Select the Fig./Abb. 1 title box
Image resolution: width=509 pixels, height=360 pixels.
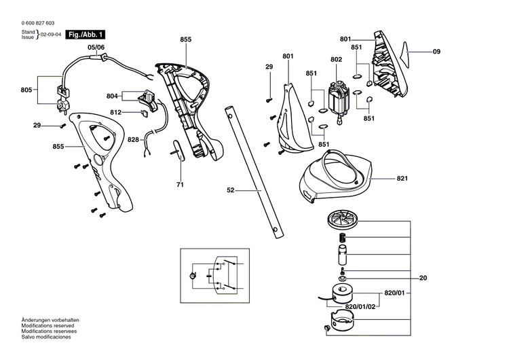click(86, 34)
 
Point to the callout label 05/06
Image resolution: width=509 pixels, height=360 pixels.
click(96, 47)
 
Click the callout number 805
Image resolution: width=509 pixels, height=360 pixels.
click(26, 90)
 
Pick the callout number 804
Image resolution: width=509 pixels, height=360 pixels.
click(112, 96)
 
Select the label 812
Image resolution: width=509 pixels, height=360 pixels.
click(116, 112)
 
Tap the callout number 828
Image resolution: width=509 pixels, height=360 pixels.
click(133, 139)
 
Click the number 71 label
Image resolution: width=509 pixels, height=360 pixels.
click(180, 184)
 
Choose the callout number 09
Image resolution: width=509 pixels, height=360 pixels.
click(436, 52)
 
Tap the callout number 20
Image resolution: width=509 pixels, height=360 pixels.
click(423, 278)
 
